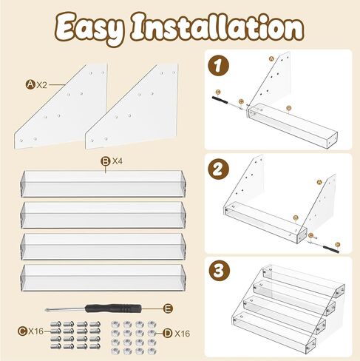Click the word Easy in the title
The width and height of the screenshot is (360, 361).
coord(89,29)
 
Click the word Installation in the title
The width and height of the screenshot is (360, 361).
coord(217,27)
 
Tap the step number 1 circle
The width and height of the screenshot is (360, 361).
coord(218,65)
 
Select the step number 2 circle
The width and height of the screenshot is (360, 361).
coord(218,169)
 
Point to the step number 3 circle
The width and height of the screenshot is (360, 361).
coord(219,271)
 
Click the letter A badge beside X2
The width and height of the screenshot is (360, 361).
coord(30,84)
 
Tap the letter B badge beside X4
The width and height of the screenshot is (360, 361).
coord(106,161)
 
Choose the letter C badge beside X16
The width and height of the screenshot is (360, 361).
coord(22,331)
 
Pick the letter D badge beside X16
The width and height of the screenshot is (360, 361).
coord(168,334)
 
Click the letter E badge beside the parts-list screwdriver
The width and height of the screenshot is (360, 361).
coord(169,308)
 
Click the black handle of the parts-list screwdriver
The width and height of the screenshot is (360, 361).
coord(113,308)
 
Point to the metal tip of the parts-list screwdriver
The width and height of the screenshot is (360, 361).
coord(46,310)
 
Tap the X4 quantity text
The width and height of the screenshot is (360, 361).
coord(118,161)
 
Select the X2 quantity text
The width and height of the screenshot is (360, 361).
coord(41,85)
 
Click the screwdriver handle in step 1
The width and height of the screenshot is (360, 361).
coord(220,101)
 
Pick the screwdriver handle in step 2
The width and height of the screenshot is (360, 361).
coord(331,249)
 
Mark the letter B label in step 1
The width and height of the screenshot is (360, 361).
coord(289,108)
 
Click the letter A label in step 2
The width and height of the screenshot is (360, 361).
coord(319,182)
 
